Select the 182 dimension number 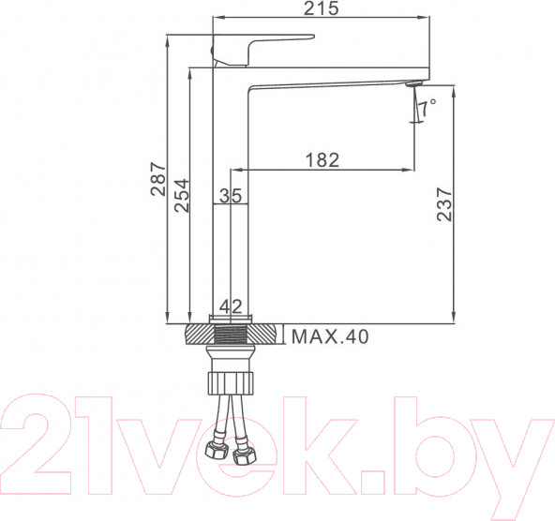pos(322,160)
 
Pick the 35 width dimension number pos(231,196)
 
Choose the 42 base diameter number pos(231,305)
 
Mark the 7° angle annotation pos(427,109)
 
